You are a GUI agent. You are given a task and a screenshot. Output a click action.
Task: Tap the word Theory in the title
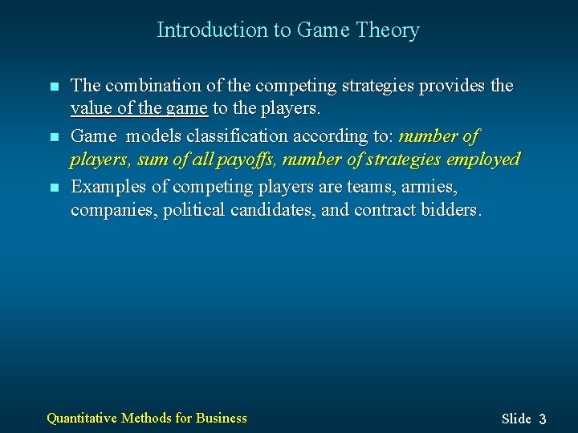[x=388, y=30]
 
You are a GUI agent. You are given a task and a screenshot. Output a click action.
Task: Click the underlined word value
[x=90, y=108]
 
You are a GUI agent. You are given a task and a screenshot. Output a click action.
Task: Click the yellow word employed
[x=483, y=160]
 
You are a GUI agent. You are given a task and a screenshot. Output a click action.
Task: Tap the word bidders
[x=453, y=210]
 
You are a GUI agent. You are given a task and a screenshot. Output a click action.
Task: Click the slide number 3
[x=543, y=419]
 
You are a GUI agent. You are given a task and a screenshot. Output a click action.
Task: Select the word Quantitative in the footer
[x=82, y=418]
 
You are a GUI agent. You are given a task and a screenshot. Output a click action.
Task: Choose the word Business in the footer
[x=222, y=418]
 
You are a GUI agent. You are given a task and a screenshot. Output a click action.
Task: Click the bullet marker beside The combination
[x=54, y=87]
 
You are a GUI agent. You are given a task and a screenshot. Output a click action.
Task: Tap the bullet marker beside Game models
[x=54, y=138]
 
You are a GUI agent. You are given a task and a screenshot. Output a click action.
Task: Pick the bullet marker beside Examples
[x=54, y=188]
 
